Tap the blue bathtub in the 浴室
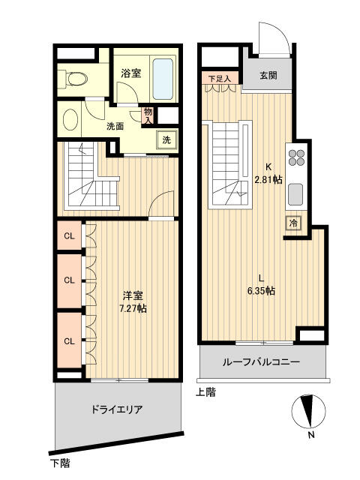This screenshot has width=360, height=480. tap(163, 79)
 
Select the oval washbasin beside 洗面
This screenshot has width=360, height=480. tap(70, 120)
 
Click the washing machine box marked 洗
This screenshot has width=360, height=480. tap(166, 140)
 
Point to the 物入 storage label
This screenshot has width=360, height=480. tap(148, 115)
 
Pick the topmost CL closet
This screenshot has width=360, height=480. tap(70, 236)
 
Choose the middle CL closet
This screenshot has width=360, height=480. tap(70, 280)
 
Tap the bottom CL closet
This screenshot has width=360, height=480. tap(70, 340)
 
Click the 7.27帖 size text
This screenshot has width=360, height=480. tap(133, 308)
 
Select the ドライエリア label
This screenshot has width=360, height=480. tap(117, 409)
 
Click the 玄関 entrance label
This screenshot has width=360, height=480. tap(268, 75)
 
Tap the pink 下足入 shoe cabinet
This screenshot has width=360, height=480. tap(220, 78)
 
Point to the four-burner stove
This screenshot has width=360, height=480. tap(296, 157)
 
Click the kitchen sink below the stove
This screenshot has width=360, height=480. tap(295, 194)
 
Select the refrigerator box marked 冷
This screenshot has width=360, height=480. tap(293, 223)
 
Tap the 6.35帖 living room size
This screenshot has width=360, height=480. tap(261, 290)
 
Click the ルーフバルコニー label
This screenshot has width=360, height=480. tap(261, 362)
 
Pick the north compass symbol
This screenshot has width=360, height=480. tap(308, 411)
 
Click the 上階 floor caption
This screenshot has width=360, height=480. tap(205, 392)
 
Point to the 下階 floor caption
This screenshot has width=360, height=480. tap(60, 463)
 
